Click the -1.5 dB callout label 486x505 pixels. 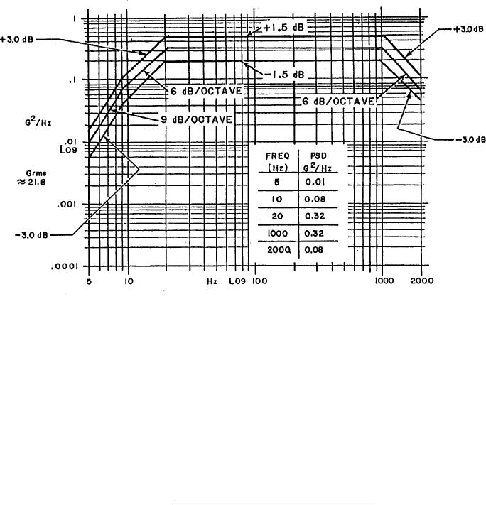282,74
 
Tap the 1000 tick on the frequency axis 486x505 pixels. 384,281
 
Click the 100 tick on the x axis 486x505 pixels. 259,281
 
